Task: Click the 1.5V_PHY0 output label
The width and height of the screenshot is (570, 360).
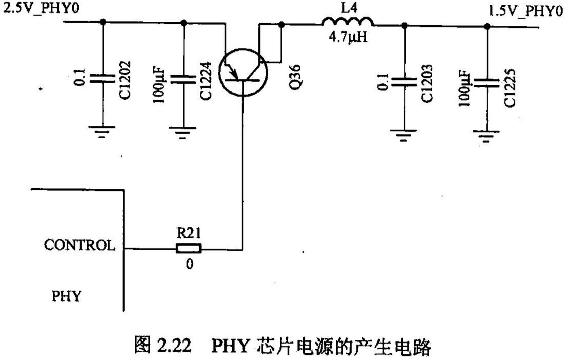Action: point(525,11)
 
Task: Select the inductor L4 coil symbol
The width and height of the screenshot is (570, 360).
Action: point(348,23)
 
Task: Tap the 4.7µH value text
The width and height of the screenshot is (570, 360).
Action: point(348,38)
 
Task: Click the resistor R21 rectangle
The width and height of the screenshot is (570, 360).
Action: point(189,249)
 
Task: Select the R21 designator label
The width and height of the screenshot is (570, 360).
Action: point(189,233)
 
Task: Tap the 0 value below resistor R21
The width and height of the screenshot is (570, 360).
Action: point(189,264)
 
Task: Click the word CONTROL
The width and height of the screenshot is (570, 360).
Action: point(79,245)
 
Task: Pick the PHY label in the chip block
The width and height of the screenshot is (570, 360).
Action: point(66,296)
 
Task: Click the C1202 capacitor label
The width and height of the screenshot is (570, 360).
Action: point(125,80)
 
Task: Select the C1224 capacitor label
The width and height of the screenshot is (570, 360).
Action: point(205,81)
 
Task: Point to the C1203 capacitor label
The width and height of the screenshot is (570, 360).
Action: point(427,84)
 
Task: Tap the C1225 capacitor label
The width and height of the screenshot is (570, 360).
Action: point(510,88)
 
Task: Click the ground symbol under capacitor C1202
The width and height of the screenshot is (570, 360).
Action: point(102,131)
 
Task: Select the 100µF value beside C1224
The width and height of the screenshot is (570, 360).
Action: point(159,85)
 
